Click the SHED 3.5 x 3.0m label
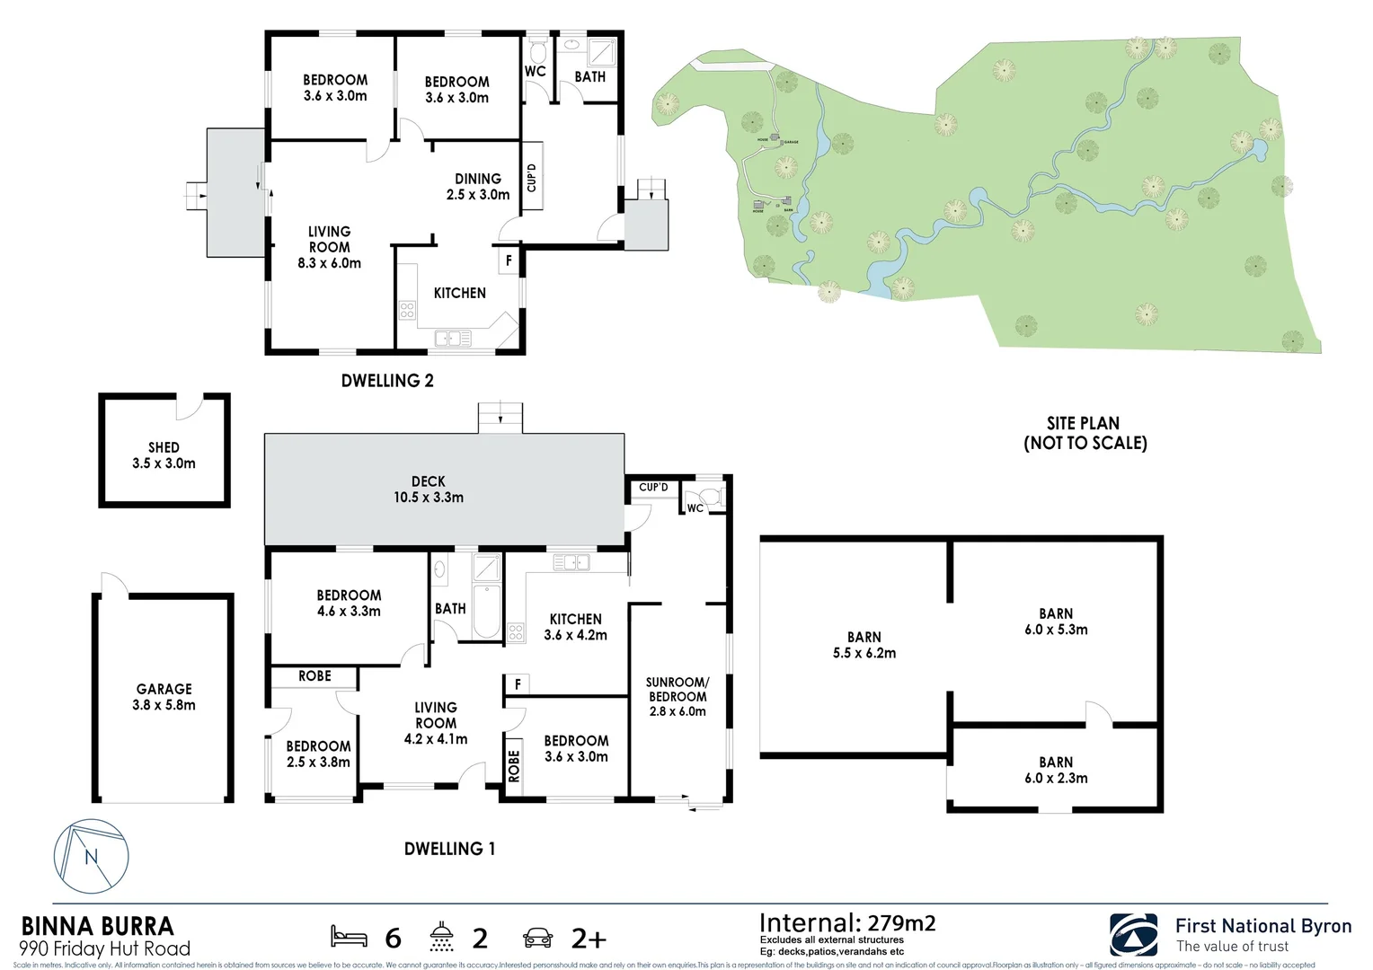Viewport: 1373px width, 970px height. [x=164, y=455]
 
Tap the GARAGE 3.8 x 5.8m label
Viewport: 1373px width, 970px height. [x=164, y=697]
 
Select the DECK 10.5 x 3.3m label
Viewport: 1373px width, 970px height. [x=429, y=489]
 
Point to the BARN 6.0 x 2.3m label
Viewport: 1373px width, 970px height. [x=1056, y=770]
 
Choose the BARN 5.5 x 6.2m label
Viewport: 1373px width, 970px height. [x=864, y=645]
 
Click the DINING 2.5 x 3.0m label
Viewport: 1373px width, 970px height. [x=478, y=187]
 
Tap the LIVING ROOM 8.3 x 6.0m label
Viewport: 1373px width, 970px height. [x=329, y=247]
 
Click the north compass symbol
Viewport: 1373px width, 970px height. [x=91, y=856]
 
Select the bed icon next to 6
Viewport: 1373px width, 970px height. [x=349, y=937]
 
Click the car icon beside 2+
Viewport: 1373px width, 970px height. [x=537, y=938]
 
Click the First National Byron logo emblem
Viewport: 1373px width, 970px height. [x=1133, y=935]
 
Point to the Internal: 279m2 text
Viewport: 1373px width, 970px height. [x=846, y=923]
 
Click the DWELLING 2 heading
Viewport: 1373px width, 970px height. [x=387, y=381]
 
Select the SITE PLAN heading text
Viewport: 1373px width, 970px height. [x=1085, y=433]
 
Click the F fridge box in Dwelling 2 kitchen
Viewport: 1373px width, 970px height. [x=509, y=260]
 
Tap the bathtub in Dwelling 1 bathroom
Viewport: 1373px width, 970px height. [x=486, y=611]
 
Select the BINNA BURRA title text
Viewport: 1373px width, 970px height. [x=97, y=926]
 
